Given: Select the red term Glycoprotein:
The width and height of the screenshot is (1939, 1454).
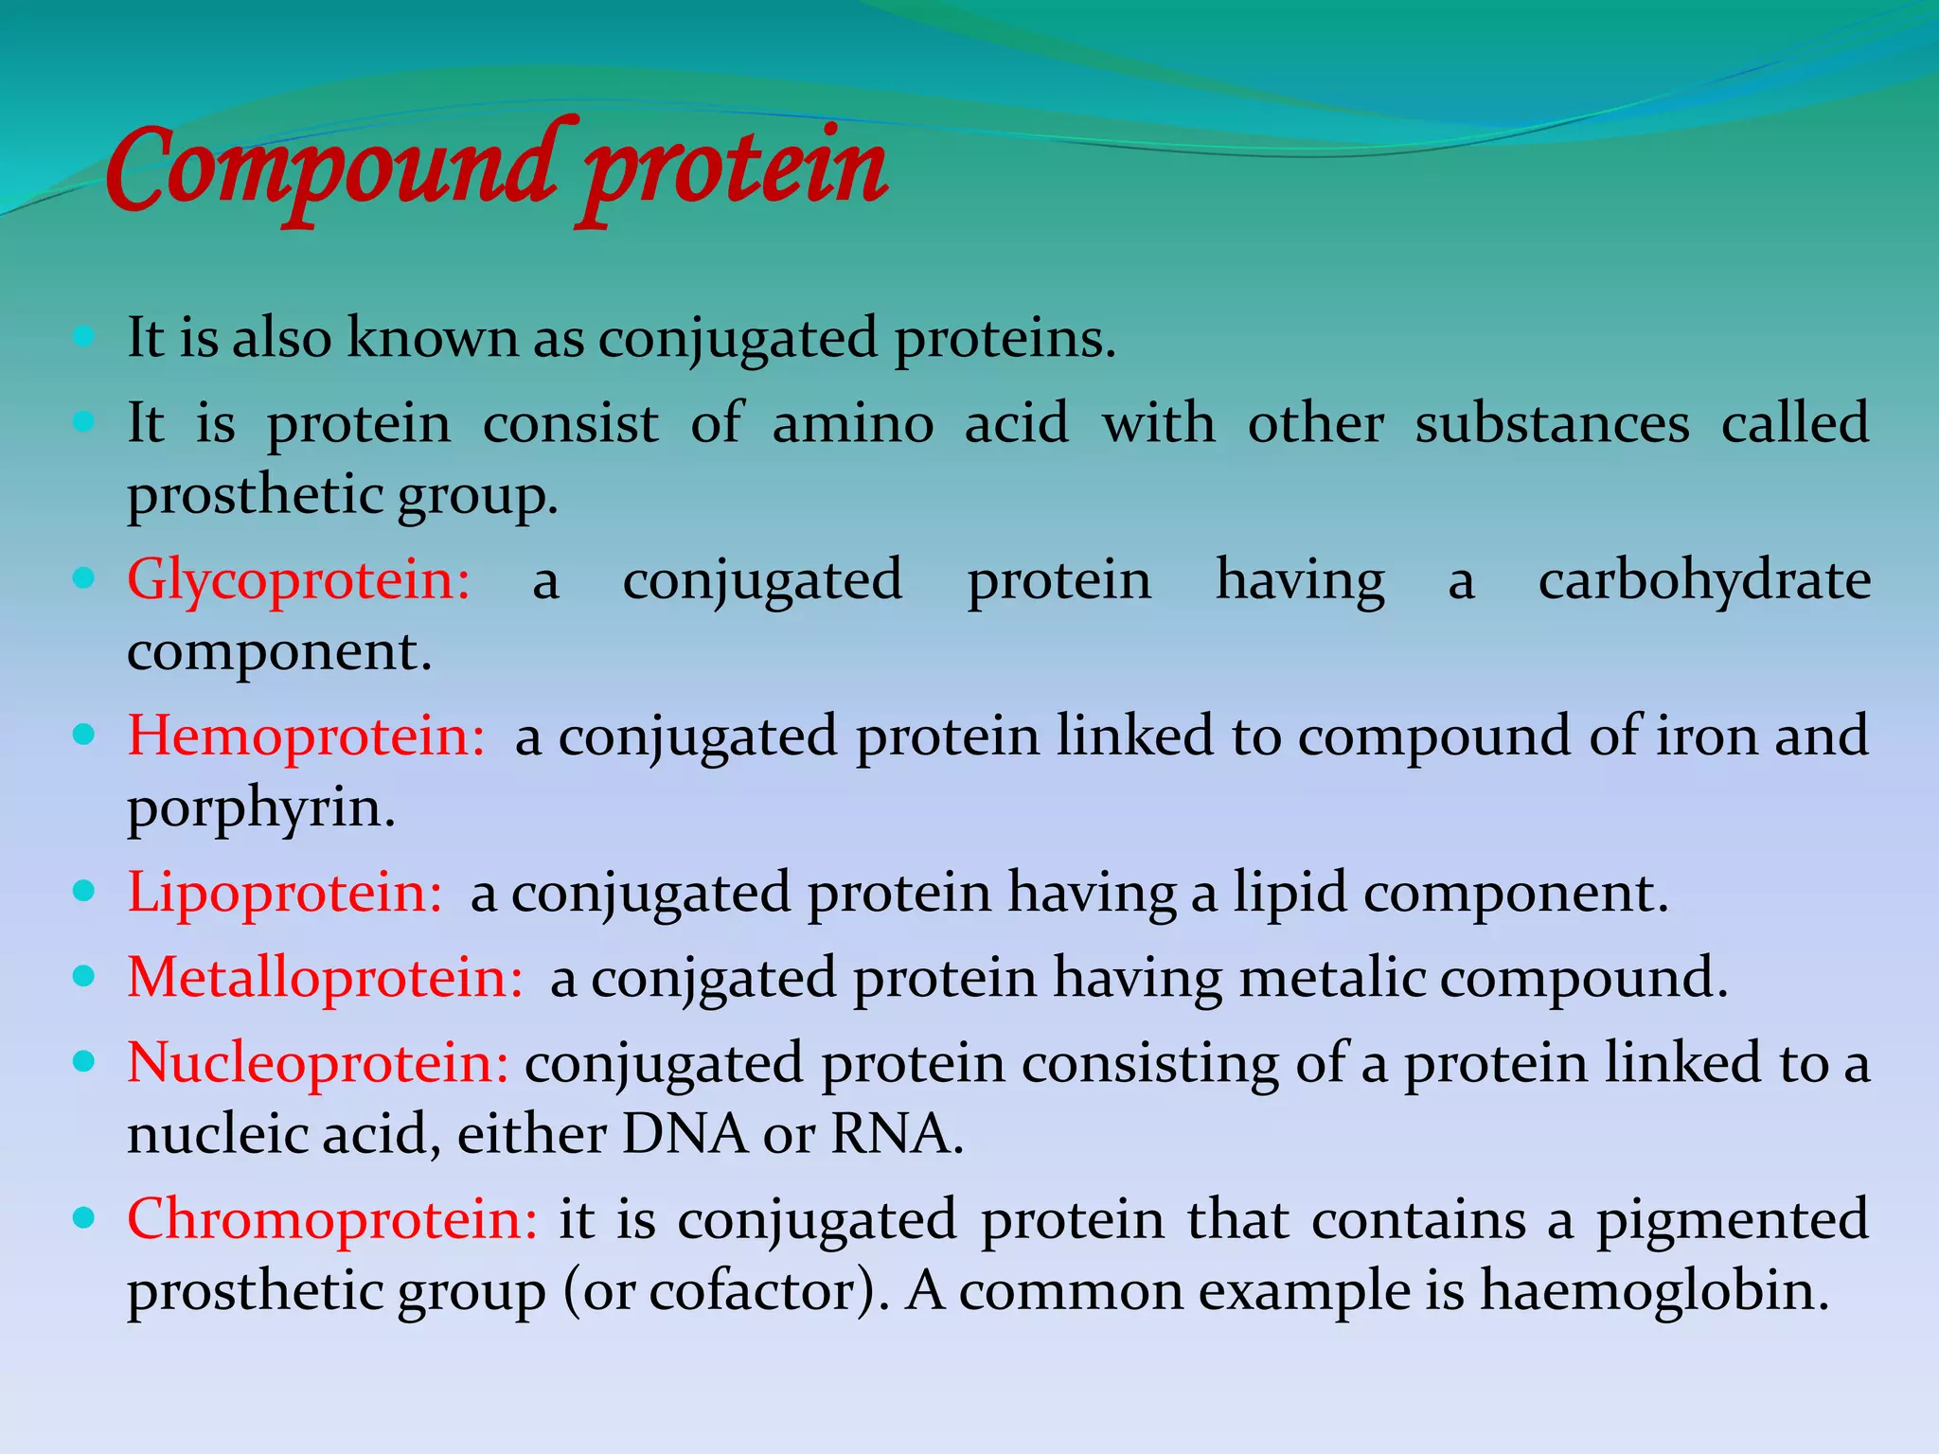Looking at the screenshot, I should tap(299, 579).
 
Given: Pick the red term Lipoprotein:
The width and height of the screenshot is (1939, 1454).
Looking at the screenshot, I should tap(285, 893).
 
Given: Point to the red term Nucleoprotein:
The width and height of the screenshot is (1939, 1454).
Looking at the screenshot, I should tap(318, 1062).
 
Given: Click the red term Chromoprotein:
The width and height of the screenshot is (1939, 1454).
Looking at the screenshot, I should tap(332, 1219).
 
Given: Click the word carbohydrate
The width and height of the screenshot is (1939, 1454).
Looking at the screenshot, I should tap(1704, 579).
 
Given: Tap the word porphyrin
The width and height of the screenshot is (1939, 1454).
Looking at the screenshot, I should tap(260, 810).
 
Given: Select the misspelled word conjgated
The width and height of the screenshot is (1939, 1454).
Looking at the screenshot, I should tap(714, 979).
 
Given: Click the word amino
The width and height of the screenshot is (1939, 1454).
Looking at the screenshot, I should tap(853, 423).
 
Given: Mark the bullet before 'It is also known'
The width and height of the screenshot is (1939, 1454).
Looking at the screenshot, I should tap(84, 336).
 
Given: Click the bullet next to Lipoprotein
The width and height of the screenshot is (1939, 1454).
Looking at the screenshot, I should tap(84, 891).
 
